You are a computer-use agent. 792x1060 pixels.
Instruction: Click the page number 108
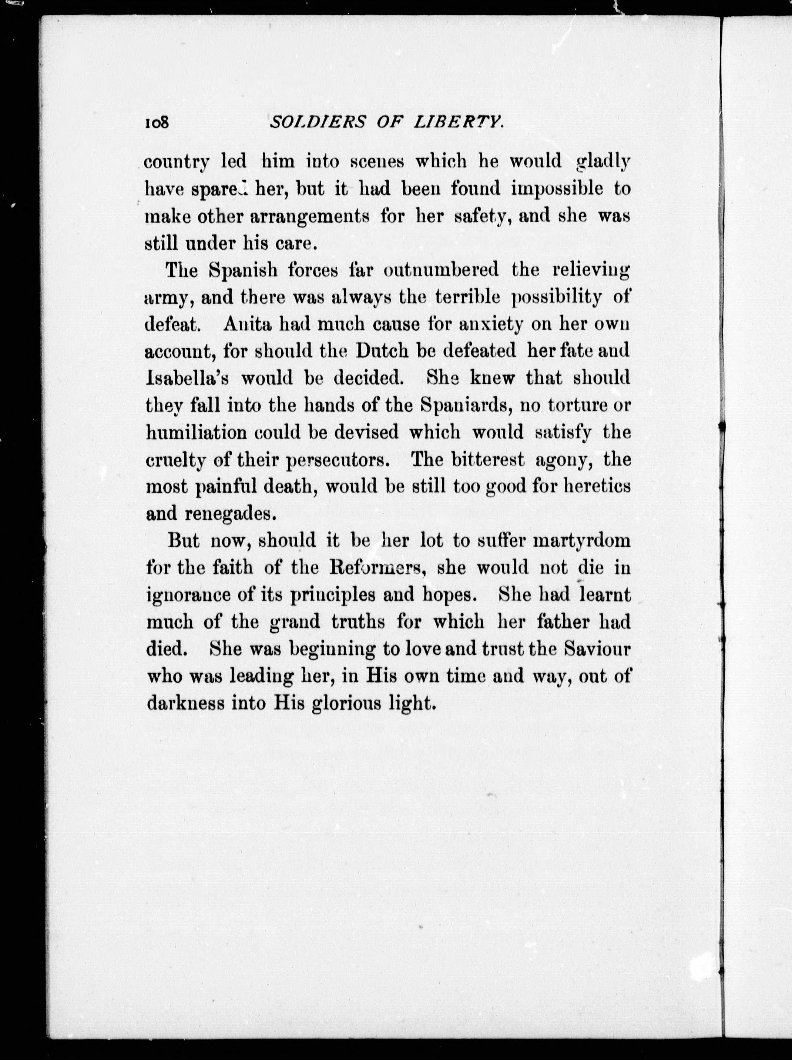[157, 124]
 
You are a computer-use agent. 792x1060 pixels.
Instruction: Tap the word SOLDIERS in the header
[311, 124]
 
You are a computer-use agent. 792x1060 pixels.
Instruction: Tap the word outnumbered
[441, 271]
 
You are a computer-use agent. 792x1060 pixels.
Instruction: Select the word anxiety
[494, 324]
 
